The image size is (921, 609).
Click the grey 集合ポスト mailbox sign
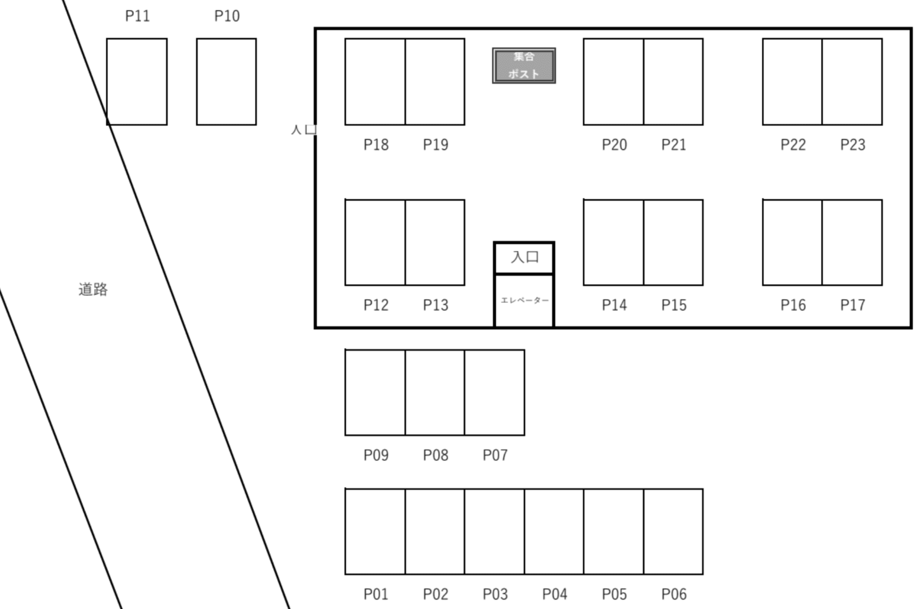pos(524,65)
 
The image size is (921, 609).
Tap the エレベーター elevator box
pos(524,300)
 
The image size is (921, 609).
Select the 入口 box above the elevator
pos(524,257)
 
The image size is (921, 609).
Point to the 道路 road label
pos(93,290)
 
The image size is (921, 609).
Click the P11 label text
pos(137,16)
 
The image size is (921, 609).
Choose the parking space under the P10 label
pos(226,82)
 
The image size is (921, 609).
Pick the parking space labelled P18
pos(375,82)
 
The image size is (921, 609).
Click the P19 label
pos(435,145)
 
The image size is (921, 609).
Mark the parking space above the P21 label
pos(673,82)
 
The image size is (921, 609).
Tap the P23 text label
pos(853,145)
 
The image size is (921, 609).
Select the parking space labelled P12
pos(375,242)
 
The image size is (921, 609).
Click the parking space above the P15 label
pos(673,242)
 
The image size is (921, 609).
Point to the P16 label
pos(793,306)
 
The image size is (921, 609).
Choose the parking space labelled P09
pos(375,392)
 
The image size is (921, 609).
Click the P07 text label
pos(495,455)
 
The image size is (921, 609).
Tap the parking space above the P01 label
pos(375,531)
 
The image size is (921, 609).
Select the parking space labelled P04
pos(554,531)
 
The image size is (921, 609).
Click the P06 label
pos(674,594)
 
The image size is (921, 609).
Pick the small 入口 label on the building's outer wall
pos(303,130)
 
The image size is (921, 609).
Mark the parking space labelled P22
pos(792,82)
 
